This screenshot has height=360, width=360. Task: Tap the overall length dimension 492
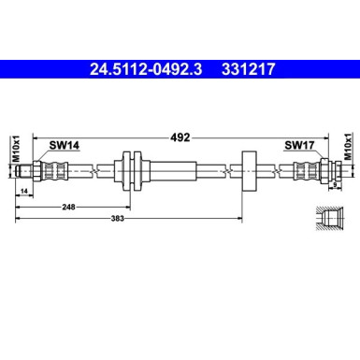(180, 137)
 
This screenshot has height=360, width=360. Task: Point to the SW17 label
(298, 146)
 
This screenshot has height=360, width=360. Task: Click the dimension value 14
(23, 191)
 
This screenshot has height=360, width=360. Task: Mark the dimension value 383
(134, 219)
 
